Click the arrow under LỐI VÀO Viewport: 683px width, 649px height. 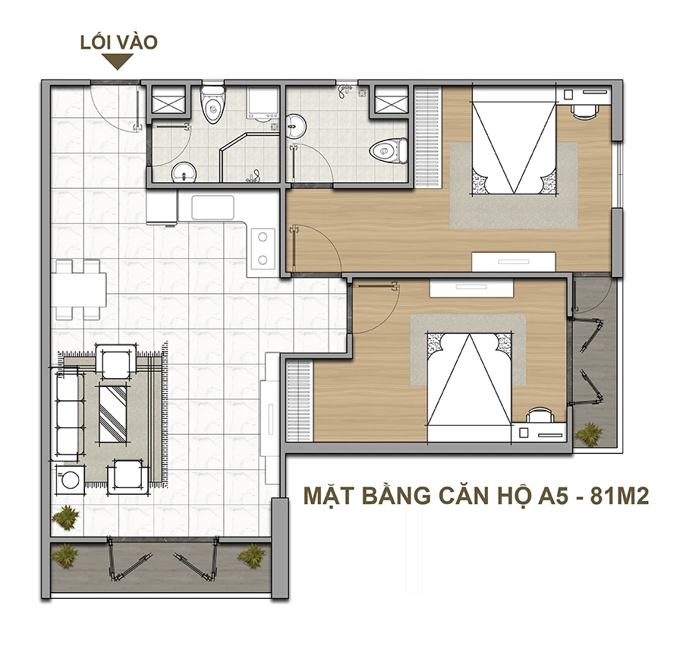(x=117, y=61)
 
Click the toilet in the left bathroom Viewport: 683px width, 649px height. (x=212, y=102)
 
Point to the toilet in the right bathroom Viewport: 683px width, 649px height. (x=389, y=151)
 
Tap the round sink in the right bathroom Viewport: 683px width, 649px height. (x=296, y=127)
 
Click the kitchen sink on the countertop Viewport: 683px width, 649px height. (x=213, y=208)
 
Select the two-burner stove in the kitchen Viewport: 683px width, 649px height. (x=262, y=248)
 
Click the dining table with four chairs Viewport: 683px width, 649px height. (x=78, y=290)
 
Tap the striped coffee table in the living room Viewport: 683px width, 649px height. (x=113, y=413)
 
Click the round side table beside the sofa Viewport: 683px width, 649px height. (x=71, y=480)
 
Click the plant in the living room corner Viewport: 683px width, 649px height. (x=66, y=517)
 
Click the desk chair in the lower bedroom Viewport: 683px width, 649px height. (x=540, y=415)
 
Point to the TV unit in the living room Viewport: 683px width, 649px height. (x=269, y=418)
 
